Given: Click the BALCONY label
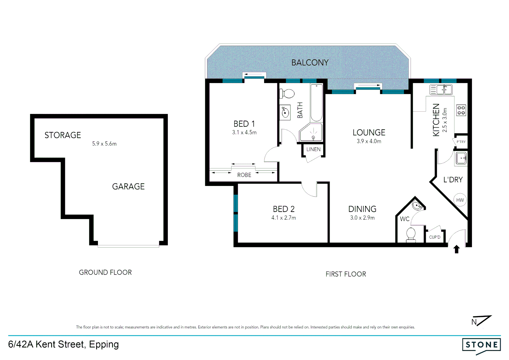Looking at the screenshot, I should click(310, 63).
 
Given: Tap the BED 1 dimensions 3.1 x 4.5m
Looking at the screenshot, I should click(244, 133).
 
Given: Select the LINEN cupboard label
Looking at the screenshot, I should click(313, 149).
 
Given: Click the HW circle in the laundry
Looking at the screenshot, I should click(460, 200).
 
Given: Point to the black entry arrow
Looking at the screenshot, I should click(457, 249).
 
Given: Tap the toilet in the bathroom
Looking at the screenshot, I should click(287, 94).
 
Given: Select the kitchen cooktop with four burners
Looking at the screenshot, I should click(461, 110).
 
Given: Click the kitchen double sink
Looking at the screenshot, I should click(441, 90).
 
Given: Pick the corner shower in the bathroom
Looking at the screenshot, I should click(311, 133).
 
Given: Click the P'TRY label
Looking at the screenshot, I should click(461, 142).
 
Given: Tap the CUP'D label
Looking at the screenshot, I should click(434, 237).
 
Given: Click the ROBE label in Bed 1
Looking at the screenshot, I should click(244, 175).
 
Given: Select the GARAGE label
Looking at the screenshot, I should click(128, 187).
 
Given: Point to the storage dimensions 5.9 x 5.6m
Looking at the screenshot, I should click(104, 144).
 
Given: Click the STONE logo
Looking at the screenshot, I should click(481, 345).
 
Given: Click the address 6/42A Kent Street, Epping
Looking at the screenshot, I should click(63, 344).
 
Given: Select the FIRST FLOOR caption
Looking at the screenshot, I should click(345, 274).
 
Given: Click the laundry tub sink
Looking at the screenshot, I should click(461, 158).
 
